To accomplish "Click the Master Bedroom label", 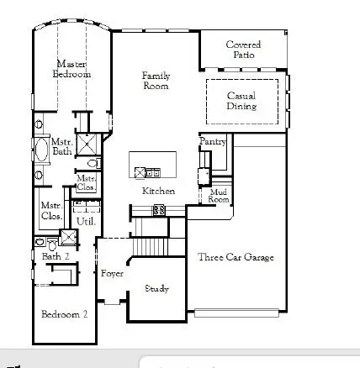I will [x=72, y=68].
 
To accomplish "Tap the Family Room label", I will [x=156, y=80].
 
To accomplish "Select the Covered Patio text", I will [x=243, y=50].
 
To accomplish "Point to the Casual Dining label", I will [x=242, y=101].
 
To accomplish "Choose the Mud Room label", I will [x=219, y=196].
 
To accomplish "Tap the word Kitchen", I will [x=158, y=191].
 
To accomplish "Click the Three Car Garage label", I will [x=236, y=256].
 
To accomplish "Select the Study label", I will [x=156, y=288].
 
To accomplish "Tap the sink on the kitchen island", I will [x=152, y=173].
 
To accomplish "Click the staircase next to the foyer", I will [x=152, y=247].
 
